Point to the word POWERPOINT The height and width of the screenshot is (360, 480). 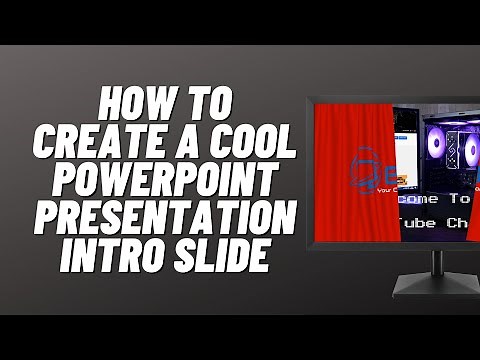(166, 182)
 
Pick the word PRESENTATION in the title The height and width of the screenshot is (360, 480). (165, 220)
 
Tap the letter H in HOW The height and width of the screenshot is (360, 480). (111, 104)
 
